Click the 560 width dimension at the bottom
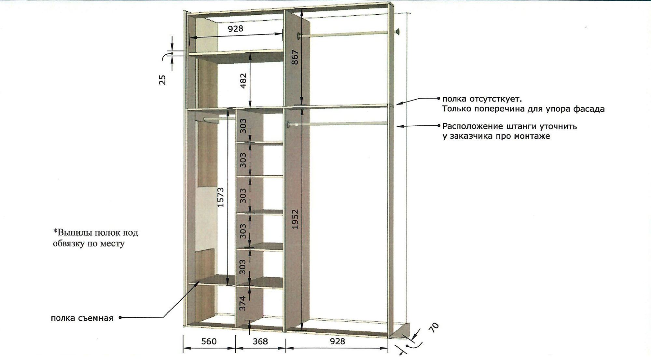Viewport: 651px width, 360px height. coord(209,341)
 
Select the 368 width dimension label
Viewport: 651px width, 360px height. coord(260,341)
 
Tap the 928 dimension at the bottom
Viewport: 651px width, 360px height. coord(337,341)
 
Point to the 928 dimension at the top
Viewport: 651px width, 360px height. coord(235,29)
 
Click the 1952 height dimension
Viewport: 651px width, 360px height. coord(295,219)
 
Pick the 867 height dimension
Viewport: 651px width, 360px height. coord(295,57)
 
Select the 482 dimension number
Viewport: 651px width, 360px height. coord(243,81)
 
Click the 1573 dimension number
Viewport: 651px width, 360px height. coord(220,197)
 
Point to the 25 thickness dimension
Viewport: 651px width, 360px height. coord(162,80)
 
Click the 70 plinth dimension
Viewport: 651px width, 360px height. coord(435,327)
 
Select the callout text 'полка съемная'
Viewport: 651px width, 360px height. coord(82,318)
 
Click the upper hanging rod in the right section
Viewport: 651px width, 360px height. coord(348,34)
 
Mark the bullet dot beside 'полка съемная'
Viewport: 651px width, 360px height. coord(120,318)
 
